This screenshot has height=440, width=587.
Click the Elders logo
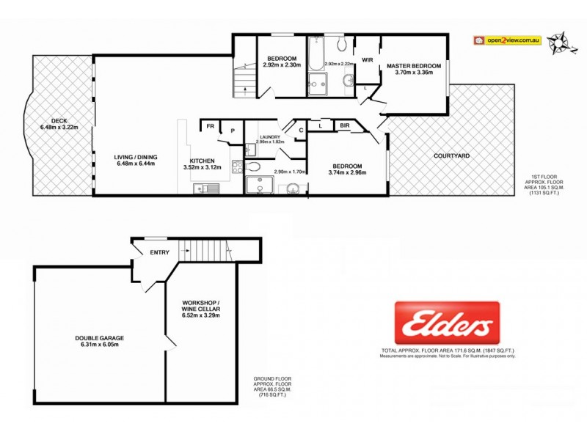447,323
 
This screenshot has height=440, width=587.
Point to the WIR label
367,61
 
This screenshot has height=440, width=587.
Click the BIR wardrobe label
345,126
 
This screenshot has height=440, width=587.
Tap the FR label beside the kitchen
210,127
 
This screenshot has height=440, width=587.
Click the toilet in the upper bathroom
348,81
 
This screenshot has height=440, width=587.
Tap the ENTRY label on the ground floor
159,253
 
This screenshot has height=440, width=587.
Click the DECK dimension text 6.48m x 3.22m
59,128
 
